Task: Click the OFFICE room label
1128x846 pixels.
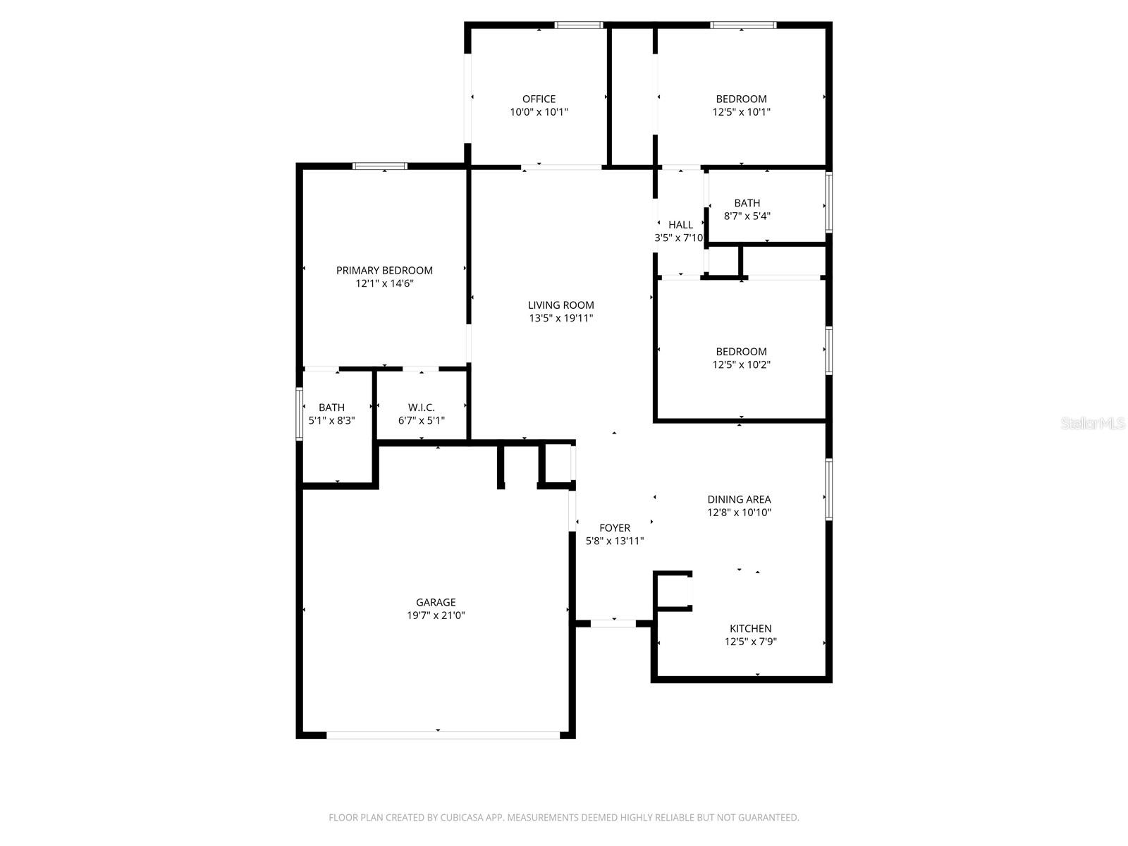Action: [x=539, y=99]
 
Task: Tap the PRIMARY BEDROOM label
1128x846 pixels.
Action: [x=384, y=270]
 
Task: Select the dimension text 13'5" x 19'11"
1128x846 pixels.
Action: [x=561, y=319]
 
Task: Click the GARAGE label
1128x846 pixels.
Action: [x=436, y=602]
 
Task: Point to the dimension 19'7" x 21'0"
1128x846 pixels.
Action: [x=436, y=615]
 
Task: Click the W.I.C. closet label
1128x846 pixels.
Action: [x=422, y=407]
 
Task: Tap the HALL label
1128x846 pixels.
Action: [x=680, y=225]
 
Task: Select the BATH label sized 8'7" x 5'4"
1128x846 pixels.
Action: [x=747, y=203]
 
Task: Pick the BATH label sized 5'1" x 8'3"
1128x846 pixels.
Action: [x=331, y=407]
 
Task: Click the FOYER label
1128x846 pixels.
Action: [x=615, y=528]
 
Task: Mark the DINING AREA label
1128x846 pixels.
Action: [x=739, y=499]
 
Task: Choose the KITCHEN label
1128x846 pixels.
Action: [x=750, y=628]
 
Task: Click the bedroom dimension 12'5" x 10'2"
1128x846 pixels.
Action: [x=741, y=365]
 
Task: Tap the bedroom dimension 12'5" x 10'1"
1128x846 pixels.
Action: [x=741, y=112]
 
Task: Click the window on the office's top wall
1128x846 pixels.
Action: [x=579, y=25]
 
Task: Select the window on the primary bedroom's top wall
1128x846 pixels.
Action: [x=380, y=166]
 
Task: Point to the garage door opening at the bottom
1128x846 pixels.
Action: [x=443, y=735]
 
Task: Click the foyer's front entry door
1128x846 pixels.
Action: [x=613, y=623]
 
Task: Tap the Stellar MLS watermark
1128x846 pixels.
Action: [x=1093, y=424]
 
